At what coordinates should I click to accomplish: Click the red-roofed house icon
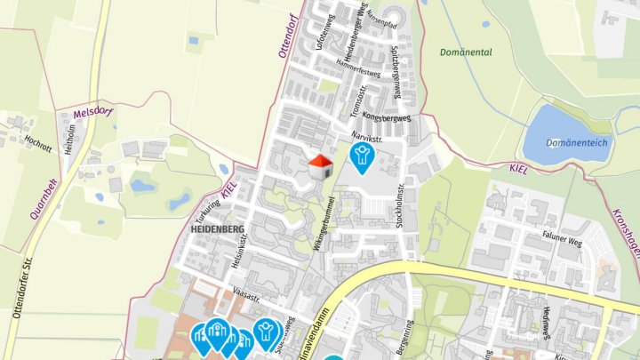click(320, 166)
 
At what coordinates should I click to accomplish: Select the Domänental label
click(465, 52)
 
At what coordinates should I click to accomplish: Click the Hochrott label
click(40, 140)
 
